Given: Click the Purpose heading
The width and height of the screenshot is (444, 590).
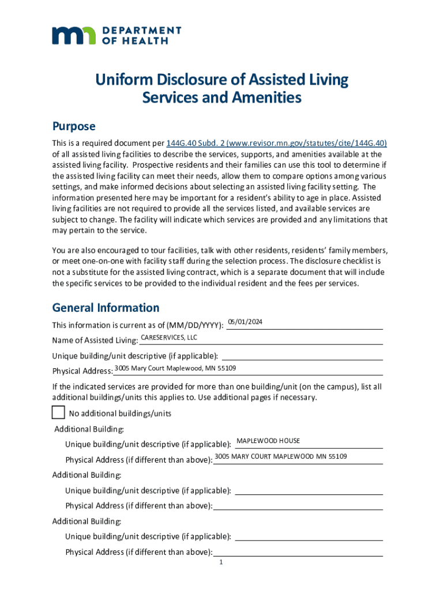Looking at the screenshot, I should [x=74, y=126].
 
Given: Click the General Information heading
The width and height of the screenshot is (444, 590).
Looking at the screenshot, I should [x=106, y=308].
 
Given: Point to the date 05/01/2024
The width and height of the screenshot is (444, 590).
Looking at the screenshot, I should [x=246, y=322].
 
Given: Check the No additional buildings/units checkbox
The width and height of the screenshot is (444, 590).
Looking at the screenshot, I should [x=58, y=413].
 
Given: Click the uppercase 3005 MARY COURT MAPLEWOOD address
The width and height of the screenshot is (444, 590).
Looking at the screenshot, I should [x=281, y=456].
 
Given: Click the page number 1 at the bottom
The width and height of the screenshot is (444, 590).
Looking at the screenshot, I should [x=221, y=563].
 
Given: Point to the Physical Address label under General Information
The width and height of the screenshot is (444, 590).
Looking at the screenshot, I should [x=82, y=371].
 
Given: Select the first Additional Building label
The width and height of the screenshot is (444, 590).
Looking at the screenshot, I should [x=89, y=429].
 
